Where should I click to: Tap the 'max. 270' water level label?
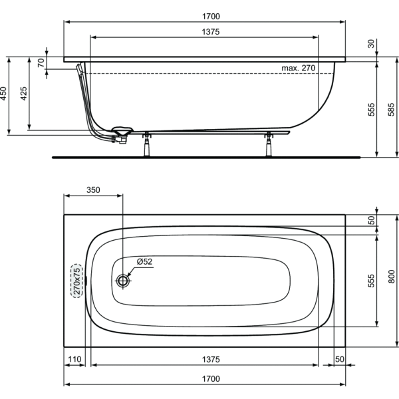(x=297, y=68)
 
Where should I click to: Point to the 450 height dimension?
(x=4, y=94)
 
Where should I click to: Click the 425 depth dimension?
(x=25, y=94)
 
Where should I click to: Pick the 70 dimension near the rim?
(x=41, y=64)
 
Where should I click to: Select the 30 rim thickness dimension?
(x=370, y=44)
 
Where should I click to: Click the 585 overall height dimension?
(x=391, y=109)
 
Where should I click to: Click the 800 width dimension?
(x=391, y=280)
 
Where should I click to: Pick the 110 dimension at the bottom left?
(x=74, y=359)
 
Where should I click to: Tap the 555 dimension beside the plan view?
(x=370, y=280)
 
